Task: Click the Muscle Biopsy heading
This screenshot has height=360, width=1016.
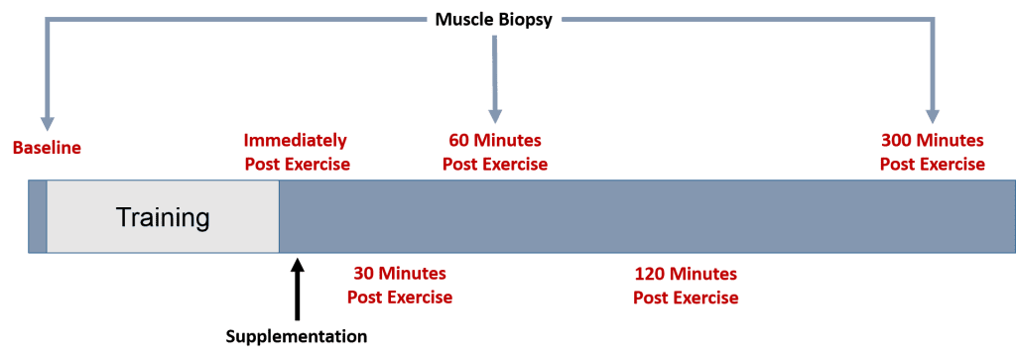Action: pyautogui.click(x=494, y=20)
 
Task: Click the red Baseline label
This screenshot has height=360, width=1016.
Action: pyautogui.click(x=48, y=148)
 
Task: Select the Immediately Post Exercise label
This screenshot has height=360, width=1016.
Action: pyautogui.click(x=298, y=152)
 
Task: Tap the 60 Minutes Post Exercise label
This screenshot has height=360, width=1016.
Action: pyautogui.click(x=495, y=152)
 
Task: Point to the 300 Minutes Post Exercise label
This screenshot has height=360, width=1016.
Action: pyautogui.click(x=933, y=152)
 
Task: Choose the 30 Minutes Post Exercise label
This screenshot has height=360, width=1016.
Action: pyautogui.click(x=400, y=286)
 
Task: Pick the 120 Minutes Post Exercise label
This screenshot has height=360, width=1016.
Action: pyautogui.click(x=686, y=286)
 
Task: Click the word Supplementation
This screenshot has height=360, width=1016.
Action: pyautogui.click(x=297, y=336)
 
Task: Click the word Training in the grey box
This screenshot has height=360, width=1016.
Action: pyautogui.click(x=163, y=217)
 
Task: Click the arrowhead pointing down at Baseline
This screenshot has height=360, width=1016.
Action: pyautogui.click(x=46, y=124)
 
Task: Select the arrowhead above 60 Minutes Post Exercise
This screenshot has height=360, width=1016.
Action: pyautogui.click(x=495, y=115)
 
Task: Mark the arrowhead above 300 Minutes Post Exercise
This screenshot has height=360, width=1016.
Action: pyautogui.click(x=933, y=115)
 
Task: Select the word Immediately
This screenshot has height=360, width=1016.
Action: pyautogui.click(x=296, y=141)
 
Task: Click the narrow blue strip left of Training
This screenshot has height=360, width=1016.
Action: pyautogui.click(x=38, y=216)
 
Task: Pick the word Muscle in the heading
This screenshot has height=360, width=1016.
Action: pyautogui.click(x=461, y=20)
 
